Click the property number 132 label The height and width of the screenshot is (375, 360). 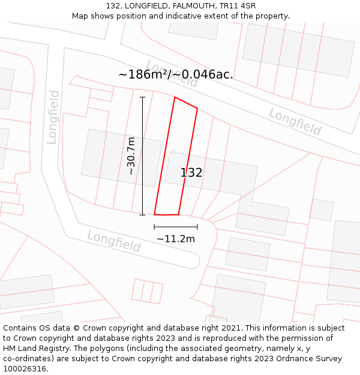click(x=191, y=173)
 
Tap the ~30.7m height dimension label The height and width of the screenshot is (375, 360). click(x=131, y=156)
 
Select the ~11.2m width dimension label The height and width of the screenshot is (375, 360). click(x=176, y=239)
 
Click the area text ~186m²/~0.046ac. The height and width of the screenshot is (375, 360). click(x=176, y=74)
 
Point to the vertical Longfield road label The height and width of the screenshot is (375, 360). click(x=53, y=117)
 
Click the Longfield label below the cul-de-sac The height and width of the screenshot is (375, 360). click(x=114, y=241)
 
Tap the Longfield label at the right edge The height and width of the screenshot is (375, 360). click(x=295, y=121)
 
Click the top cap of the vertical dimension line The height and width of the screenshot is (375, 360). click(x=142, y=97)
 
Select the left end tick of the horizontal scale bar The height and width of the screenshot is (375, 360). click(x=154, y=227)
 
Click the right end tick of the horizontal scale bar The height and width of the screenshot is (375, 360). click(x=197, y=227)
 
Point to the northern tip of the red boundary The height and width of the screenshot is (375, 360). click(x=175, y=97)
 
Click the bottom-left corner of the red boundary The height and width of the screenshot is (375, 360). click(x=155, y=214)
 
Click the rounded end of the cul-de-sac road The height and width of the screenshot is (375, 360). click(x=194, y=260)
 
